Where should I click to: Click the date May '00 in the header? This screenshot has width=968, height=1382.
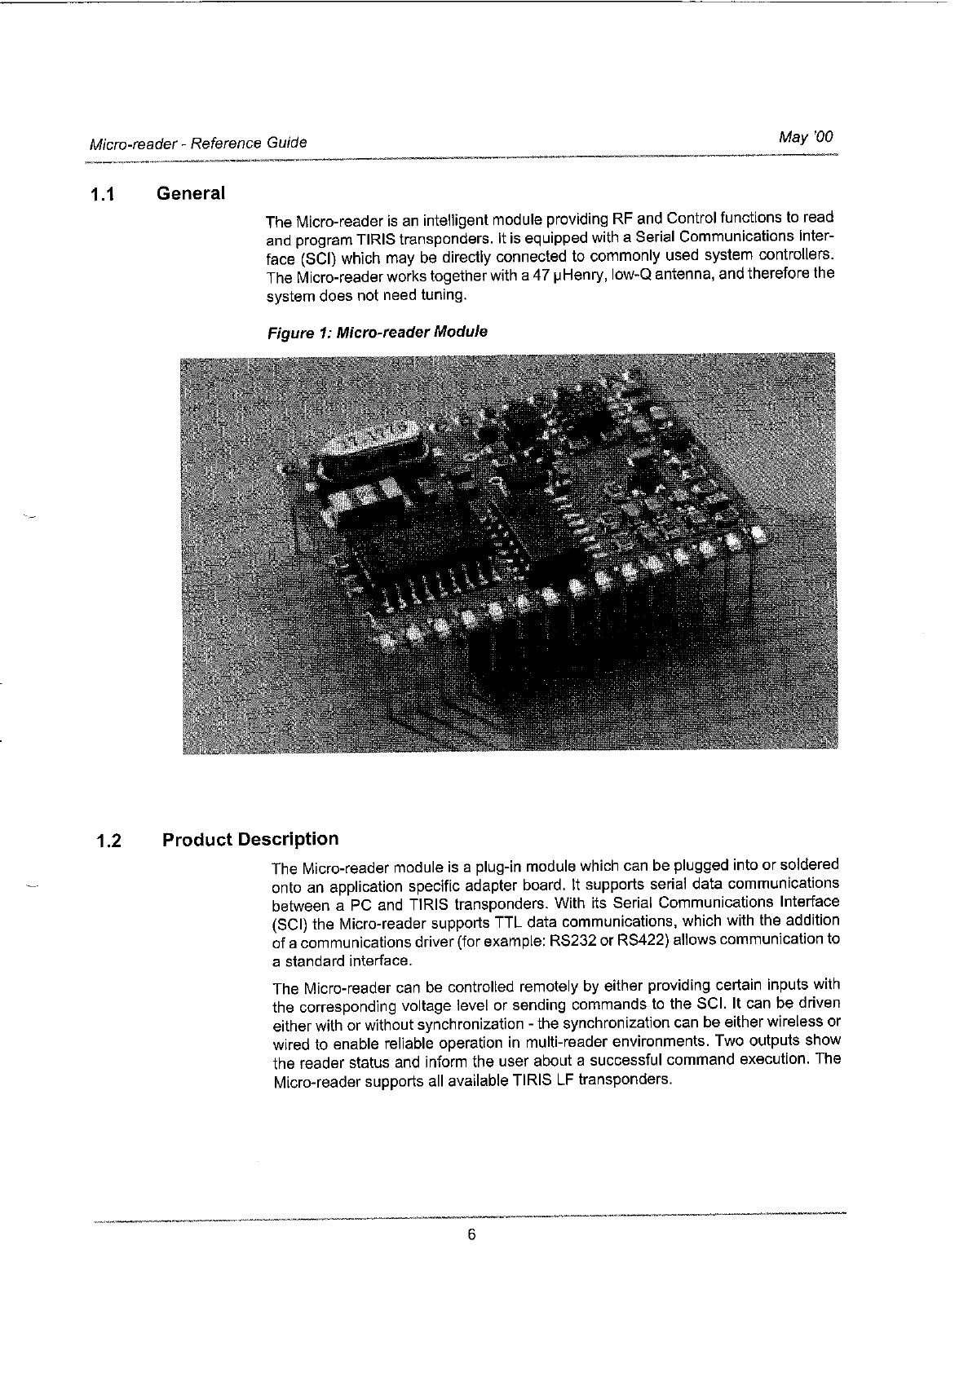(806, 137)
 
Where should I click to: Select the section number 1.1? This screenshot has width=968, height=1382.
(104, 196)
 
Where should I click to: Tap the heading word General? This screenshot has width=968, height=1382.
(190, 194)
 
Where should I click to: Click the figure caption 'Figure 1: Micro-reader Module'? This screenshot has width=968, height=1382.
(377, 333)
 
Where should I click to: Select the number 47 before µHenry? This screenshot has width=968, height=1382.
(540, 276)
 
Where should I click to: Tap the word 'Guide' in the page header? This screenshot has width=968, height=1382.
(286, 143)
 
